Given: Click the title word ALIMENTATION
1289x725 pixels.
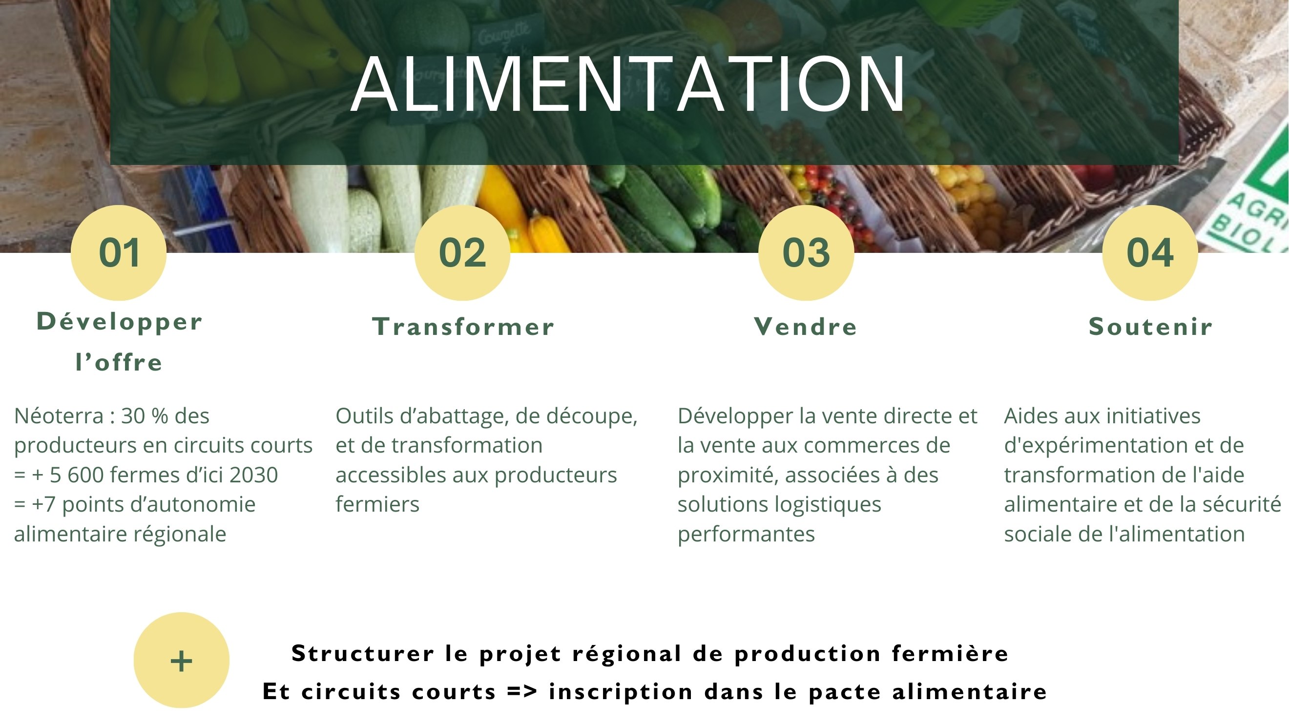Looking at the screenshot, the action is point(628,84).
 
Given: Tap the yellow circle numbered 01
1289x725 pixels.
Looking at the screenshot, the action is point(119,253).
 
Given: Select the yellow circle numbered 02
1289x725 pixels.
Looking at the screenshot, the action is point(462,253).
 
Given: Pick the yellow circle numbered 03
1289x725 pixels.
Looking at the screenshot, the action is point(806,253).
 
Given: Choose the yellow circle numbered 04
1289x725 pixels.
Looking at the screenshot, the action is point(1150,253).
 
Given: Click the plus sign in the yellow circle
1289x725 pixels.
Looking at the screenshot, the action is point(181,661).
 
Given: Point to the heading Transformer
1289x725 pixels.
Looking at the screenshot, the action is point(463,327).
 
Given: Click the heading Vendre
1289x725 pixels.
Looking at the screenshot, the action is point(806,327).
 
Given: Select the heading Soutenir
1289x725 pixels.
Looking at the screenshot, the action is point(1151,327).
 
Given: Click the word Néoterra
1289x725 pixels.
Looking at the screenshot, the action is point(59,416).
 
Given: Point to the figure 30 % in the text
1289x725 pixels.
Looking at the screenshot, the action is point(145,416).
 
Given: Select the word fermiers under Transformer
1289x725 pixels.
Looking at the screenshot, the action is point(377,504).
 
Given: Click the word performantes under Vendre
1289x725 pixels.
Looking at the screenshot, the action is point(746,535).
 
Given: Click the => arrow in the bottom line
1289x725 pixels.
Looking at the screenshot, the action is point(522,692).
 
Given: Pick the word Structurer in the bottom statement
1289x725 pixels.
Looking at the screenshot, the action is point(363,653).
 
